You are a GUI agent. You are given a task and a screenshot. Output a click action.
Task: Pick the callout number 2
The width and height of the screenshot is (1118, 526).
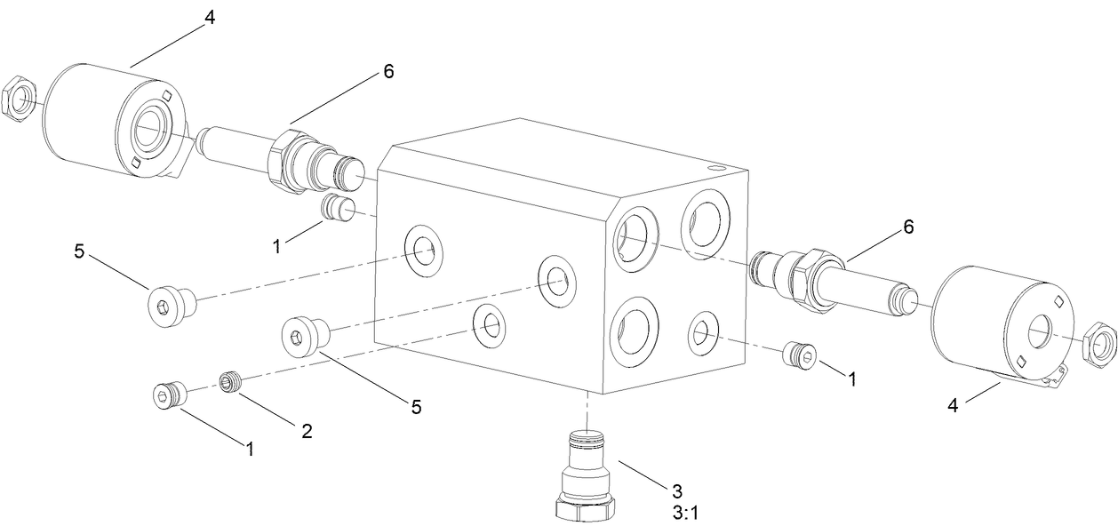tap(307, 432)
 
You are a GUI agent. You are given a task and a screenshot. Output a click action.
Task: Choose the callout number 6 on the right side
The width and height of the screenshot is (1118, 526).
tap(907, 227)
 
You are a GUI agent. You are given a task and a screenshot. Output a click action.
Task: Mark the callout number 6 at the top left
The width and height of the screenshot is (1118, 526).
tap(387, 71)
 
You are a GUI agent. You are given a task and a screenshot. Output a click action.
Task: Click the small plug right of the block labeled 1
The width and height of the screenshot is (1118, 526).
tap(796, 355)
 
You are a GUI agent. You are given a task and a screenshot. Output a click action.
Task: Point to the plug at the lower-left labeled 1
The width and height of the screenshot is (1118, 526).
tap(167, 394)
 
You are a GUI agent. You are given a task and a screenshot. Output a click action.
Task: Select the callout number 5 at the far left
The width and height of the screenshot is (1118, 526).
tap(79, 251)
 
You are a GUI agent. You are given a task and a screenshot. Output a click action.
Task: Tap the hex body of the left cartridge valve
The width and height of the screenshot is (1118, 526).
tap(289, 157)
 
